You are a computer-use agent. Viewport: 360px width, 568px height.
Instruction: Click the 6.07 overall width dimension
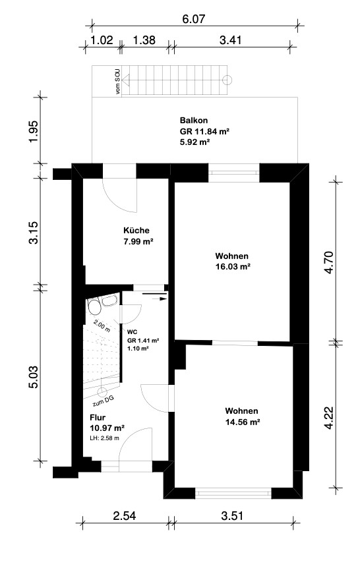[194, 18]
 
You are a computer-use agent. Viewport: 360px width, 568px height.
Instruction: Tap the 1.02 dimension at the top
[102, 40]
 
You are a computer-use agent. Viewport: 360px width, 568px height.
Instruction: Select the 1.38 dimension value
[144, 40]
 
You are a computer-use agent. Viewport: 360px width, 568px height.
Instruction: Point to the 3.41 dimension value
[231, 40]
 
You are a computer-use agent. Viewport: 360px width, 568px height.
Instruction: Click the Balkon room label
[194, 121]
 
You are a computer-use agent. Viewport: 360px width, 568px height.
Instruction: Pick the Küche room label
[136, 231]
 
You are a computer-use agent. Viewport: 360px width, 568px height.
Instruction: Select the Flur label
[98, 418]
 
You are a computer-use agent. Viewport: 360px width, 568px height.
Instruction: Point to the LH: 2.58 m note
[104, 438]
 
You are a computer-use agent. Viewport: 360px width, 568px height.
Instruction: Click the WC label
[132, 332]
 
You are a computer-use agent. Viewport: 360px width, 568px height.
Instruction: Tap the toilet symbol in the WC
[94, 307]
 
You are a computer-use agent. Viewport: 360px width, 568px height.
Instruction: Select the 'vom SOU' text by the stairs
[118, 82]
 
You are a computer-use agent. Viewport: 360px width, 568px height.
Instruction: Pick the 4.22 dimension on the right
[329, 417]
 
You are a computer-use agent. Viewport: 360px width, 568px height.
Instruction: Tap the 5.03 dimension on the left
[34, 377]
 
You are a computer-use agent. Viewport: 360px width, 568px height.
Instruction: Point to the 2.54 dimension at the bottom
[125, 515]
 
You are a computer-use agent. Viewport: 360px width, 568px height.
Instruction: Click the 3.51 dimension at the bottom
[232, 515]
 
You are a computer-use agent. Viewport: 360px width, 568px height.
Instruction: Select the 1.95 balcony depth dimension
[34, 132]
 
